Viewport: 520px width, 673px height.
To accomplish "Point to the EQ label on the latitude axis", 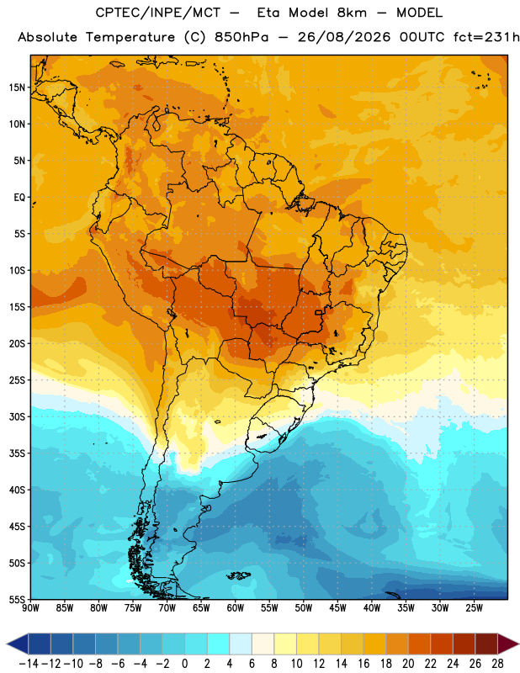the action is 19,198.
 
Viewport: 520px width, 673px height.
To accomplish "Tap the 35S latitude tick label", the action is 18,453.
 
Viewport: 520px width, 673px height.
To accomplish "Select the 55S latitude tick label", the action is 18,599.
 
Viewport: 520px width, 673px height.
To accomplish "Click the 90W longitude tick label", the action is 30,608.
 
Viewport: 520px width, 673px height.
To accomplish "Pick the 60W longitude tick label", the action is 236,608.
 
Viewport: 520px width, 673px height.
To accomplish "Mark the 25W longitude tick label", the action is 474,608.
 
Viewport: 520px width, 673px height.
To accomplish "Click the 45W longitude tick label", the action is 337,608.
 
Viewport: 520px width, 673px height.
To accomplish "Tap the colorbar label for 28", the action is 497,664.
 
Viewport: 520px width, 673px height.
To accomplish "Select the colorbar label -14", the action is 29,664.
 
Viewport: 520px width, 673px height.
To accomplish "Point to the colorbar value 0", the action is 184,664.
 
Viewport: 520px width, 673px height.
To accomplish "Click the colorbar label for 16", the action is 363,664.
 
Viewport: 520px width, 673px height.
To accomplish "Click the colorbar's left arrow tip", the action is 7,644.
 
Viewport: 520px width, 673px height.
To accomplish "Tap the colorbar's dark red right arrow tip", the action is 518,644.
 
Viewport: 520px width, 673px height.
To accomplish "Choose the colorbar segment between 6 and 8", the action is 263,644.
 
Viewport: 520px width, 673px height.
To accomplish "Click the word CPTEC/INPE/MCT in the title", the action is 158,13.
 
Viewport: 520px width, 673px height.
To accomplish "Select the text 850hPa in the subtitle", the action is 241,37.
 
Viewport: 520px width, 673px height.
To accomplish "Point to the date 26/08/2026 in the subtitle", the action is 344,37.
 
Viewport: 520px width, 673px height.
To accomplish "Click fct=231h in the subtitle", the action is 486,37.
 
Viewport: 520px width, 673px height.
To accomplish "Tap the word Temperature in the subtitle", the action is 130,38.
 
